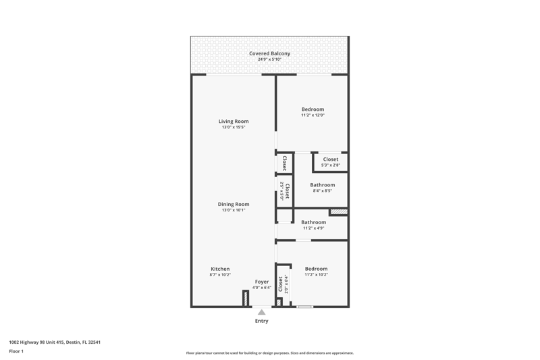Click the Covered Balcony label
(269, 53)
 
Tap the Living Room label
(234, 122)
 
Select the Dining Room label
(234, 204)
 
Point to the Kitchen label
(220, 269)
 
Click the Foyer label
(262, 282)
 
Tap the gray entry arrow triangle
(262, 312)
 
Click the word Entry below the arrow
(262, 321)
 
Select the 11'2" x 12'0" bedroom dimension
(313, 115)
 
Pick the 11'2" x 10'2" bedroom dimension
(316, 275)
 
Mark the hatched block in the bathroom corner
(339, 212)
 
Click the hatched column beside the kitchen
(246, 298)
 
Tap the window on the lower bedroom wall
(305, 306)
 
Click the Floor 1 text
(16, 351)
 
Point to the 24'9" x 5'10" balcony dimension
(269, 59)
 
